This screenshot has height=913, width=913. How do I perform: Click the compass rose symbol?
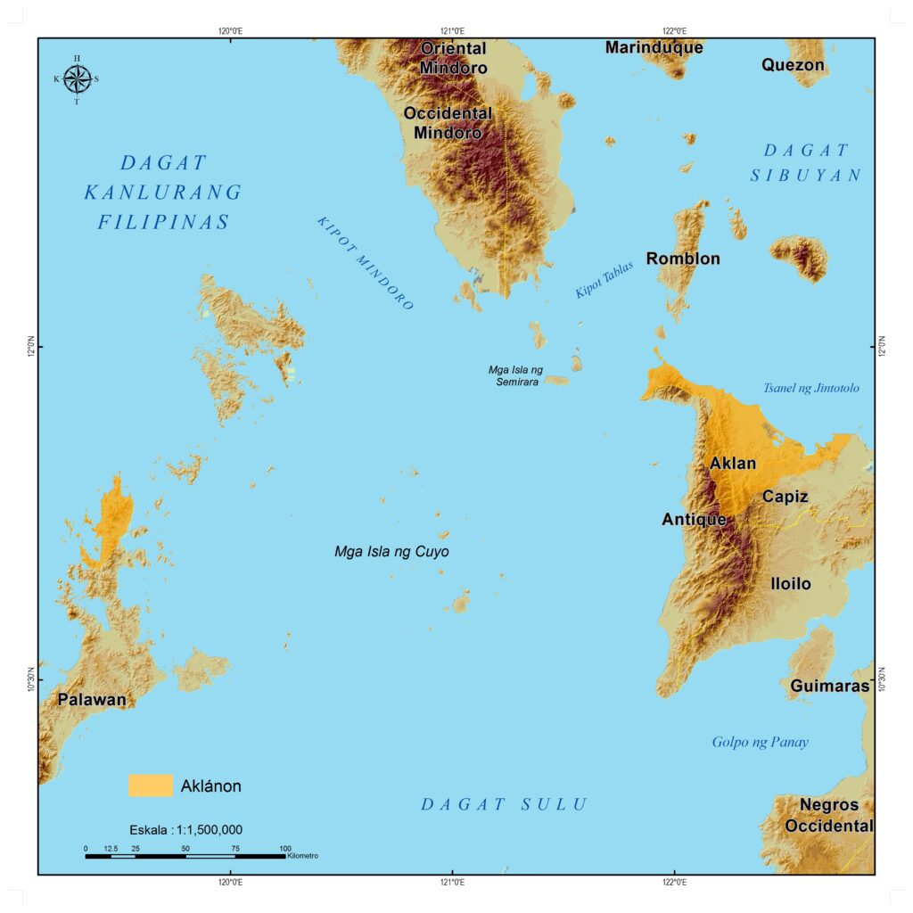coord(77,79)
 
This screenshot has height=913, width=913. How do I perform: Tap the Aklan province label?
coord(733,464)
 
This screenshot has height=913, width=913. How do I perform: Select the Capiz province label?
coord(785,497)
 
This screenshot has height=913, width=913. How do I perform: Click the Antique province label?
coord(694,519)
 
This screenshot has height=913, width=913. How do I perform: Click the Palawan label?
coord(92,700)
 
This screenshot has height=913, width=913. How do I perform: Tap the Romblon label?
coord(683,259)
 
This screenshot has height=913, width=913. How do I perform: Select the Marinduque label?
coord(654,47)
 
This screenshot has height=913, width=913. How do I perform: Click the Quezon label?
coord(793,65)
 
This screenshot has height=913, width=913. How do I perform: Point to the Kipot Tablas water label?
coord(604,279)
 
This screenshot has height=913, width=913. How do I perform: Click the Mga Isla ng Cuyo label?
coord(391,552)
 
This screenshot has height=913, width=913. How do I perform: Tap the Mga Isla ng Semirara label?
coord(515,375)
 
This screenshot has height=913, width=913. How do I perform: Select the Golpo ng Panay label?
coord(760,742)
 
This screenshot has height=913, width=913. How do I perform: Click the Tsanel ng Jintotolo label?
coord(810,388)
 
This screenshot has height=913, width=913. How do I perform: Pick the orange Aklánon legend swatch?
coord(150,786)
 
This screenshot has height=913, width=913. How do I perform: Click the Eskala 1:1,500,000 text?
coord(185,829)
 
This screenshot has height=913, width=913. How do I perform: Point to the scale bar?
coord(185,856)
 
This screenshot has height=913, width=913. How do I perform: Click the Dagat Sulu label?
coord(504,804)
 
